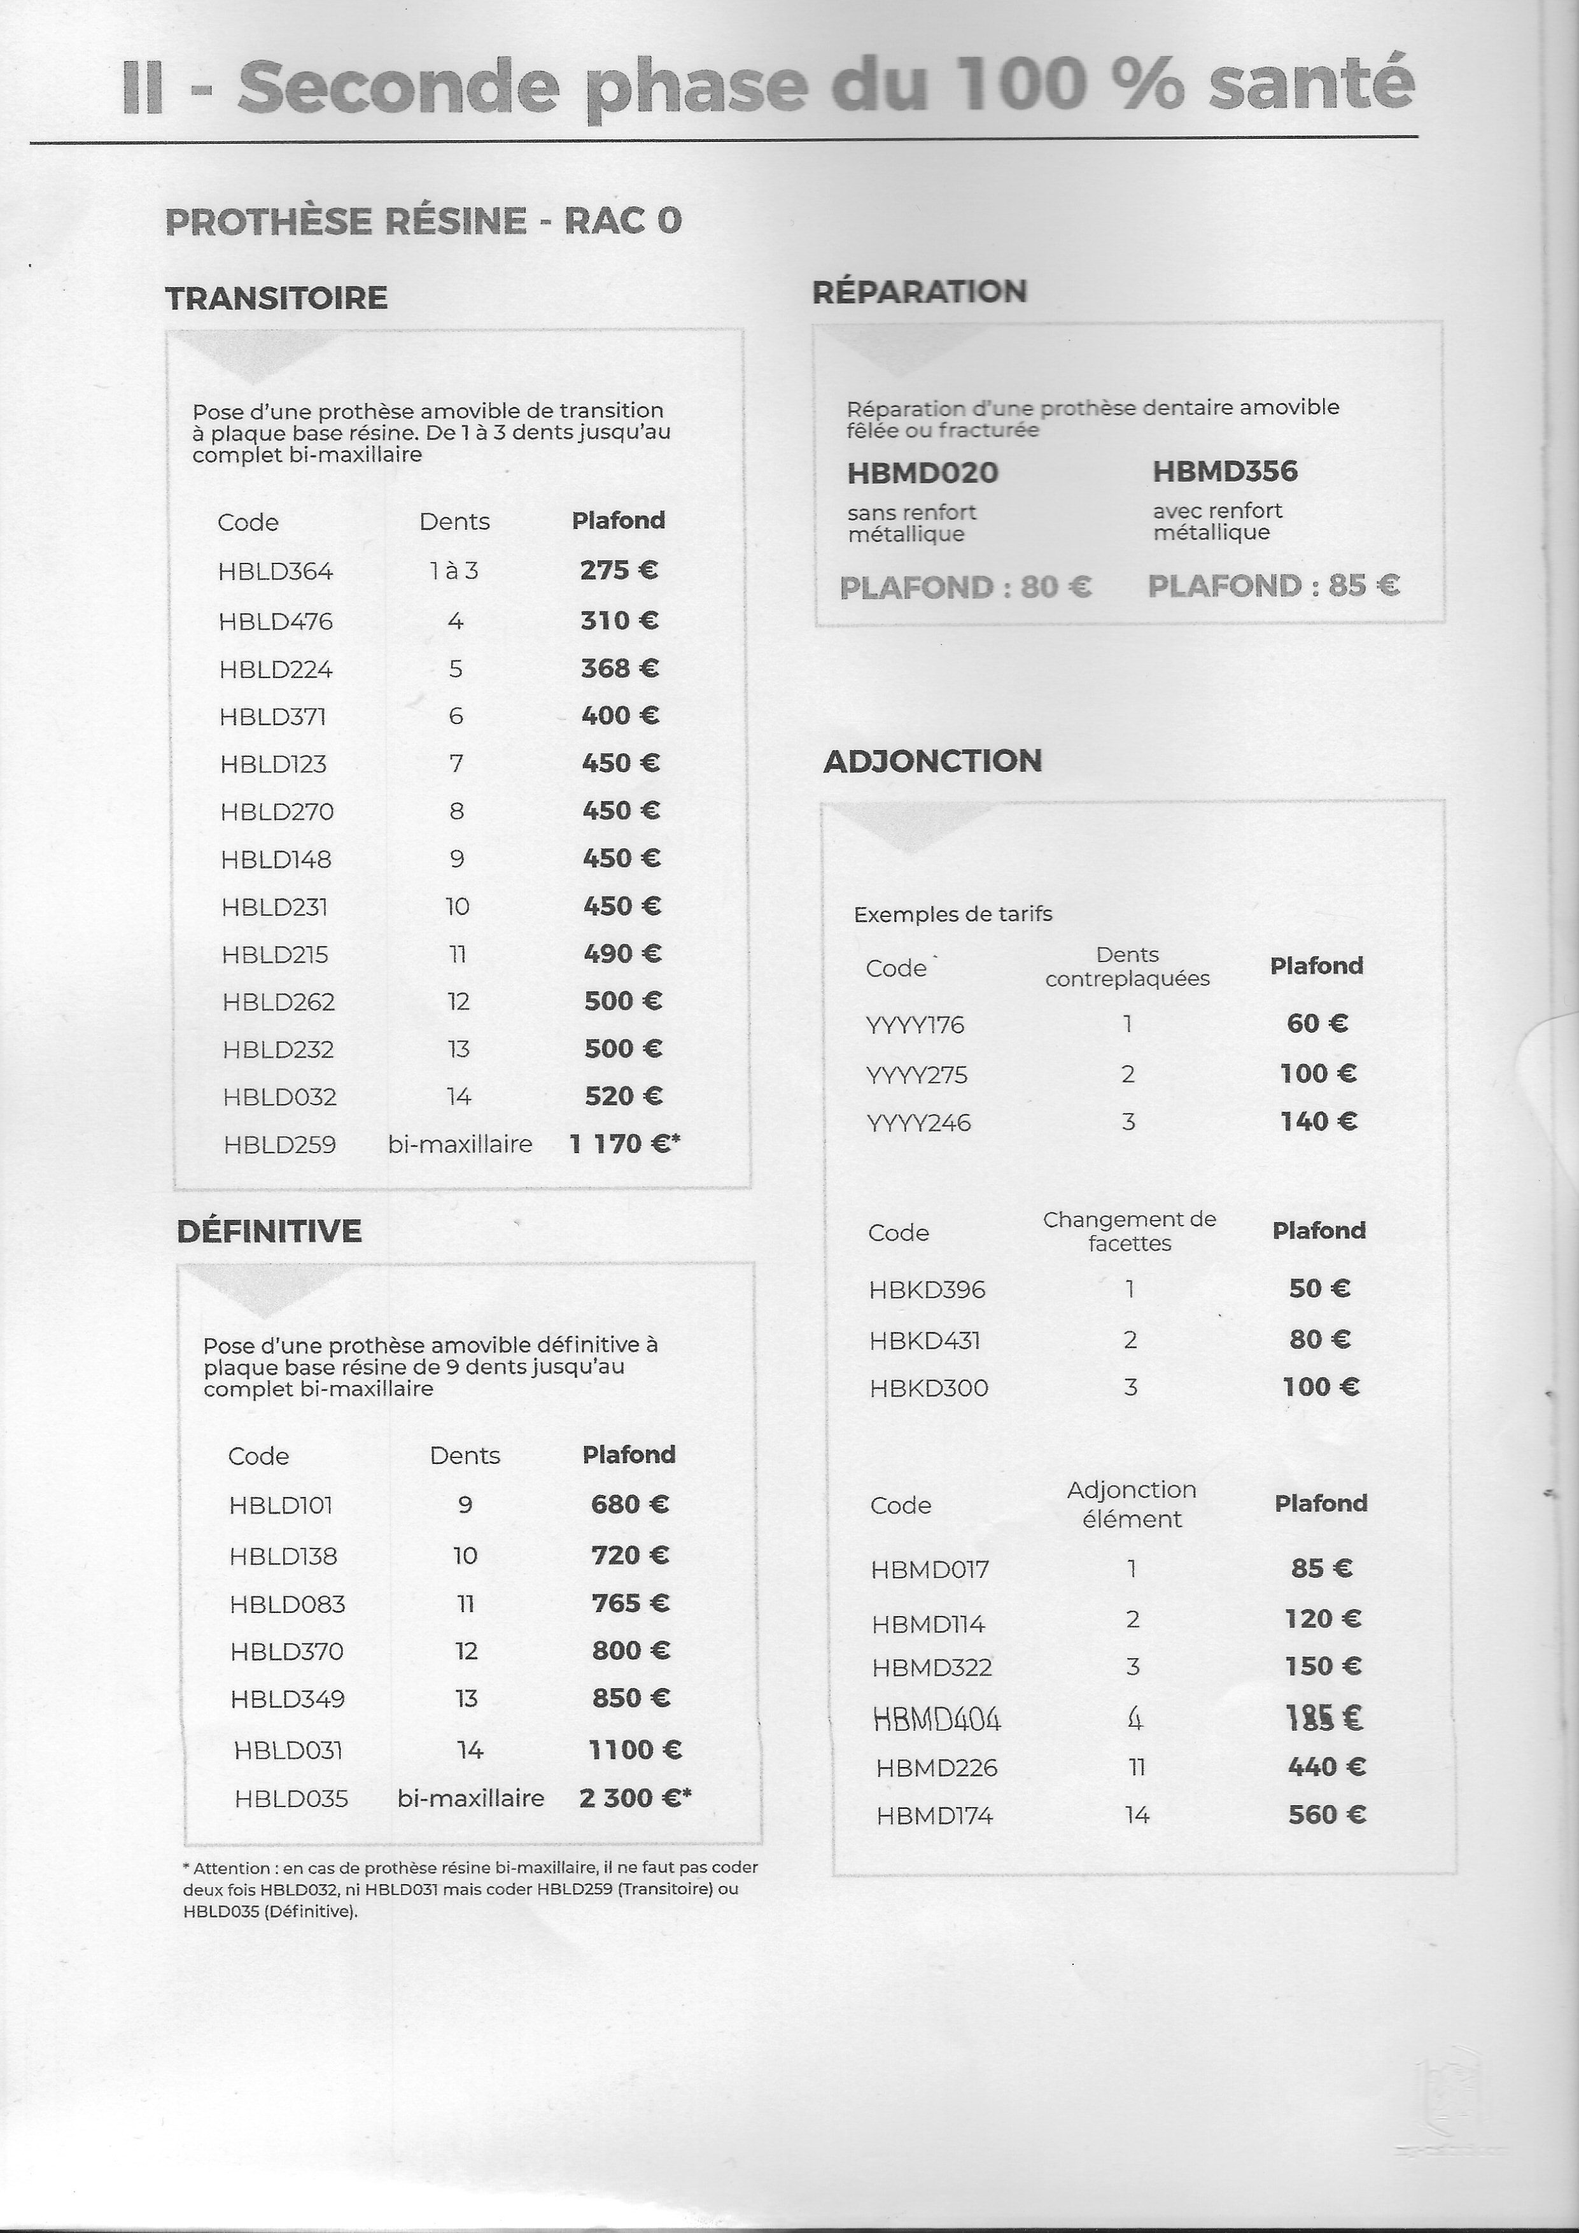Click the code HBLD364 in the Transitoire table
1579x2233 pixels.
pos(275,572)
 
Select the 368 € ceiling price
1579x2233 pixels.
pos(619,668)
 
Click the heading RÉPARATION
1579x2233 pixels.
pos(919,292)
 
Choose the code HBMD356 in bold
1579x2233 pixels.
pos(1224,472)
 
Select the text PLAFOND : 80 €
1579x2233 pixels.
pos(965,588)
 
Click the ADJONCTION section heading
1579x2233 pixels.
pos(932,760)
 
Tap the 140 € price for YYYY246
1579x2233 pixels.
pos(1317,1121)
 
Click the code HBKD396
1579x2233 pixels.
pos(927,1289)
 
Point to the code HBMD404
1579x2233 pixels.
pos(936,1720)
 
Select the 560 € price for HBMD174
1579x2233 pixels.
pos(1326,1814)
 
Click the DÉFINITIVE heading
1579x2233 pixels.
pos(269,1231)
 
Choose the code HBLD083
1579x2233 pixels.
pos(287,1604)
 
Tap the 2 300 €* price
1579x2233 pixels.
pos(634,1797)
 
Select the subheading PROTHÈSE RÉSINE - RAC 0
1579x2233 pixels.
pos(423,222)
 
